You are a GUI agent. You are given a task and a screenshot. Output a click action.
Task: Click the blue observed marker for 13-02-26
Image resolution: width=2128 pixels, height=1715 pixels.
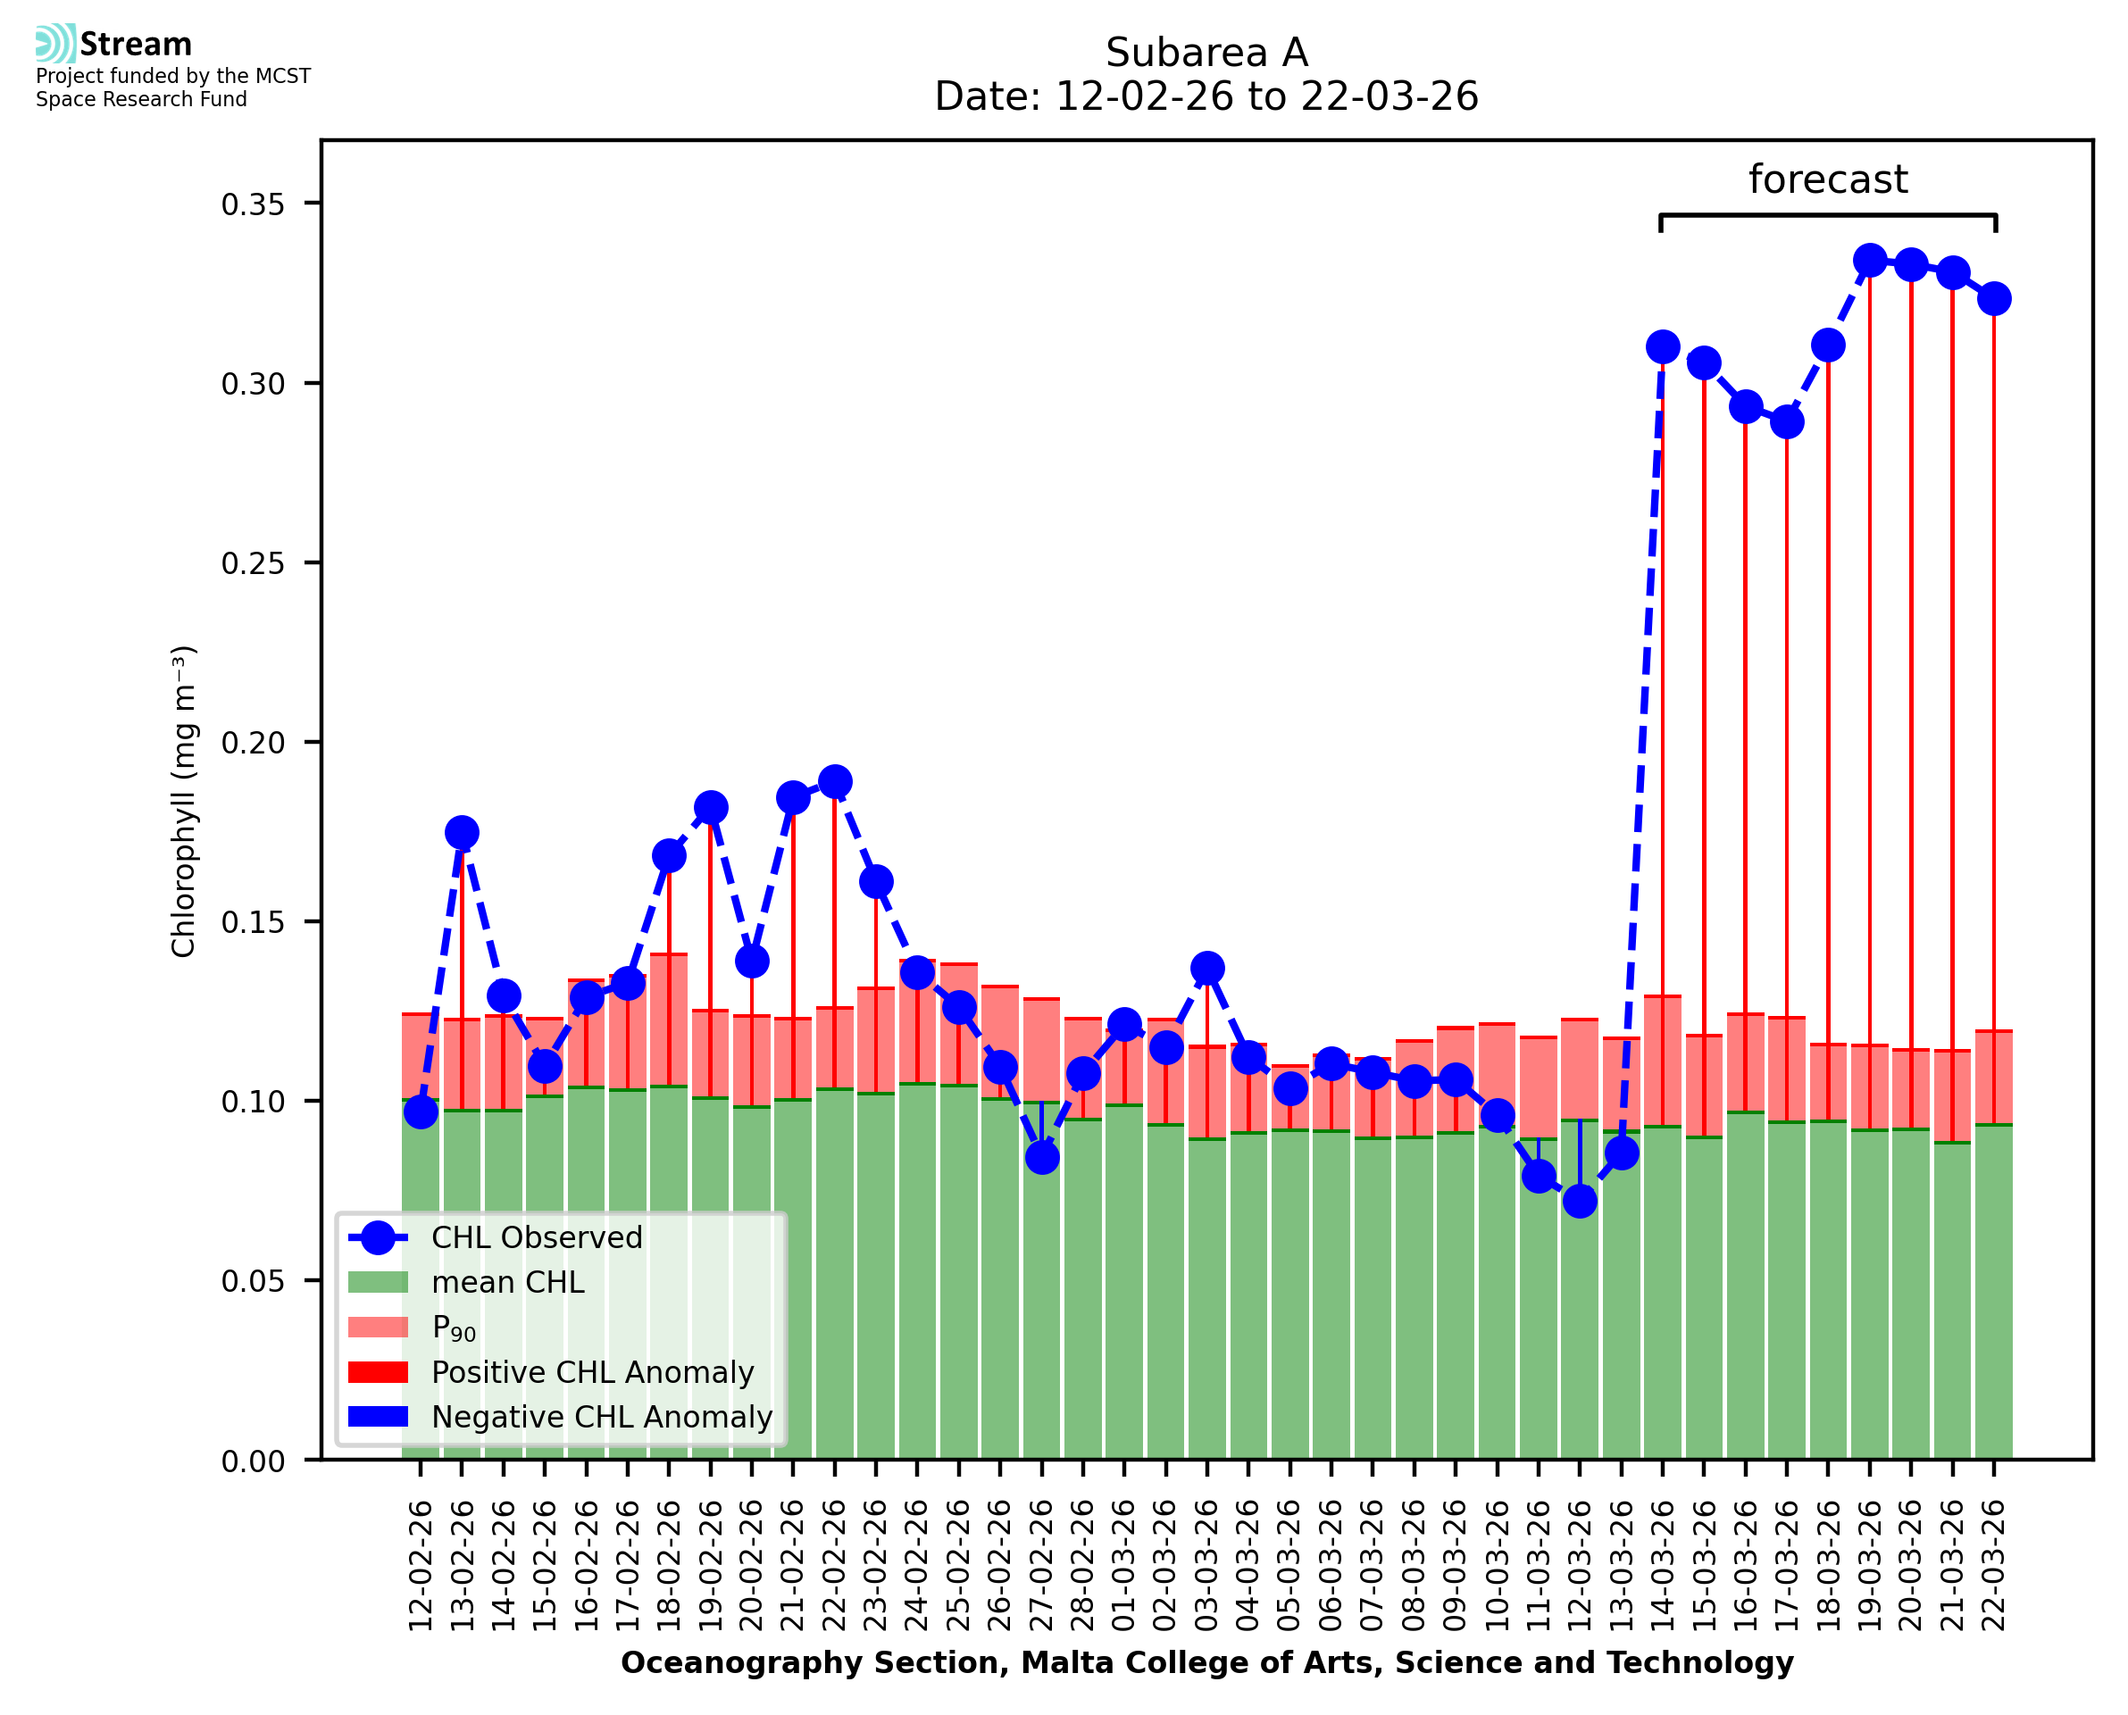[462, 833]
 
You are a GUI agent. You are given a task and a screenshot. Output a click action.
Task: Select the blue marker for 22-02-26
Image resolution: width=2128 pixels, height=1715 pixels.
[835, 781]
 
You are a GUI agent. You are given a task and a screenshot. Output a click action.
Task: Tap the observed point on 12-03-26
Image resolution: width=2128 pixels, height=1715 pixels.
[1580, 1202]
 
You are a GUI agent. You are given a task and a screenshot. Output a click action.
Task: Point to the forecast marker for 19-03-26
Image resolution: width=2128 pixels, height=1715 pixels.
[1869, 261]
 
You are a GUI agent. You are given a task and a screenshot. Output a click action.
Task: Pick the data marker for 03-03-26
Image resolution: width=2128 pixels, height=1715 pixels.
[1207, 968]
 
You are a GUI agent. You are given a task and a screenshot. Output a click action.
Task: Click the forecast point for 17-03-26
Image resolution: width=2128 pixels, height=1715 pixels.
[1786, 422]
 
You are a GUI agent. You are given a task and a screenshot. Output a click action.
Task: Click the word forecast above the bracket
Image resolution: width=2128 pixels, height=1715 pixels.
[1828, 179]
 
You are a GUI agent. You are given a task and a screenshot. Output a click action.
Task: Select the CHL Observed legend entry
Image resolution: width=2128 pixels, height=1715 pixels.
[537, 1238]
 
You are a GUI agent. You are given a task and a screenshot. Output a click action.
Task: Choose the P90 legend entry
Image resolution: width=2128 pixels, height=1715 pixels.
[454, 1328]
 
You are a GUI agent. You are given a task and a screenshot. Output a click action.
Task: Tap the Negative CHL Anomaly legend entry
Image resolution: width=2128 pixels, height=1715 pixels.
[602, 1417]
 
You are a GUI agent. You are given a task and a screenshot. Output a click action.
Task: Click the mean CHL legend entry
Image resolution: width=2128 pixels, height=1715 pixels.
[508, 1282]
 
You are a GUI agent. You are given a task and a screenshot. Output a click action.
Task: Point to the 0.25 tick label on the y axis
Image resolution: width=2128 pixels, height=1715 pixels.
[252, 563]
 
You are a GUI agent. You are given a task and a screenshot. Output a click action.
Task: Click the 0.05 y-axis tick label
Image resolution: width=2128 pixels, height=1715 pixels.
[252, 1281]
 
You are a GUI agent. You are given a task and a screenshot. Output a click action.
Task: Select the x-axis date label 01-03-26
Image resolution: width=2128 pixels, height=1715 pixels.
[1124, 1565]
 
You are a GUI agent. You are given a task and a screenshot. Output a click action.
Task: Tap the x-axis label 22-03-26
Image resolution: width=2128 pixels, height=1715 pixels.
[1994, 1565]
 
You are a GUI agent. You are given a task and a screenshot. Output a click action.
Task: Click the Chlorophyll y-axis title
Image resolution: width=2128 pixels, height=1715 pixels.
[184, 801]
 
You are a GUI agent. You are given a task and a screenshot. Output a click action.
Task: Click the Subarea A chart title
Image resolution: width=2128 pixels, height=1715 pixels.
[1206, 53]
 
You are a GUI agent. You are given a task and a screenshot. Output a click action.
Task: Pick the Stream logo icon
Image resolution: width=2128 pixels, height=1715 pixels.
[55, 44]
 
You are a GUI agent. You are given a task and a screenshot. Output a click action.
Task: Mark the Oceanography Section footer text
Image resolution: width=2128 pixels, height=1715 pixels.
[1206, 1662]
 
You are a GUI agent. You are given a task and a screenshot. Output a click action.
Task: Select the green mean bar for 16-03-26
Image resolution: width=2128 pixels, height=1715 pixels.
[1745, 1285]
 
